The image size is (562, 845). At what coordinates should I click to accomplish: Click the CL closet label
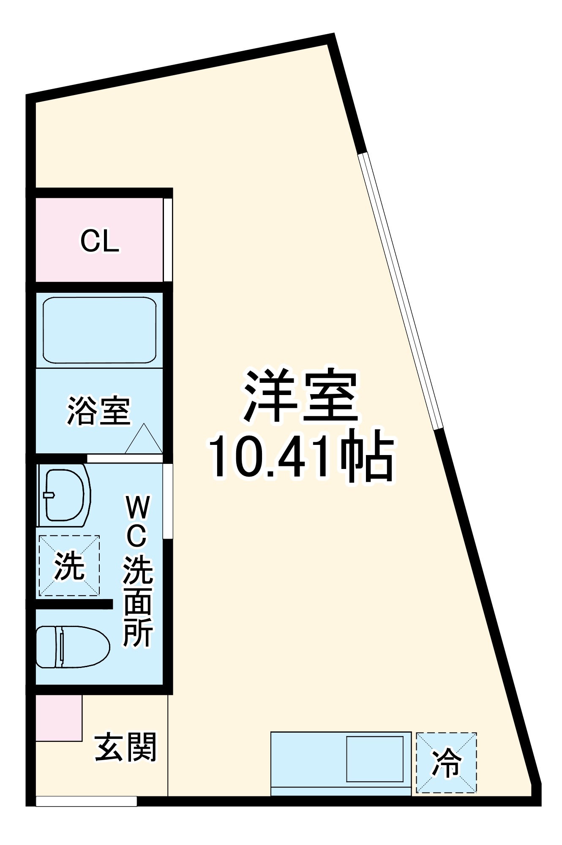pos(100,241)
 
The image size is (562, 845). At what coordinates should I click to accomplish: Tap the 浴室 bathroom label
pos(99,410)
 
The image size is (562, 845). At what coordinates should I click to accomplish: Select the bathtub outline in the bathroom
pos(100,330)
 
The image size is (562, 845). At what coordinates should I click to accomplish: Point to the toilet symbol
pos(73,647)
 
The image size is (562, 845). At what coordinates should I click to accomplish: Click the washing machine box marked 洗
pos(69,566)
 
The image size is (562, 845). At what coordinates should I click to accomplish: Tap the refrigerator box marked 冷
pos(446,763)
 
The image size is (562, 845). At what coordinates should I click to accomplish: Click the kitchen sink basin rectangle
pos(375,759)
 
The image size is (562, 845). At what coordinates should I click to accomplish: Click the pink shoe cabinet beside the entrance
pos(59,718)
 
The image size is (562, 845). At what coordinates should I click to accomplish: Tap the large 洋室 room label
pos(301,396)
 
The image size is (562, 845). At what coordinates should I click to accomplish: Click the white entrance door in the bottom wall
pos(87,801)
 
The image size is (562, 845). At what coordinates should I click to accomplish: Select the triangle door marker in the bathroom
pos(144,440)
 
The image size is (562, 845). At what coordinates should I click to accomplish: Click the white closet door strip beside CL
pos(168,240)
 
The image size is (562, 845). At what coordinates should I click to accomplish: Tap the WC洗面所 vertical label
pos(138,570)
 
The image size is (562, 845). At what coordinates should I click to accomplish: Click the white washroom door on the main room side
pos(168,501)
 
